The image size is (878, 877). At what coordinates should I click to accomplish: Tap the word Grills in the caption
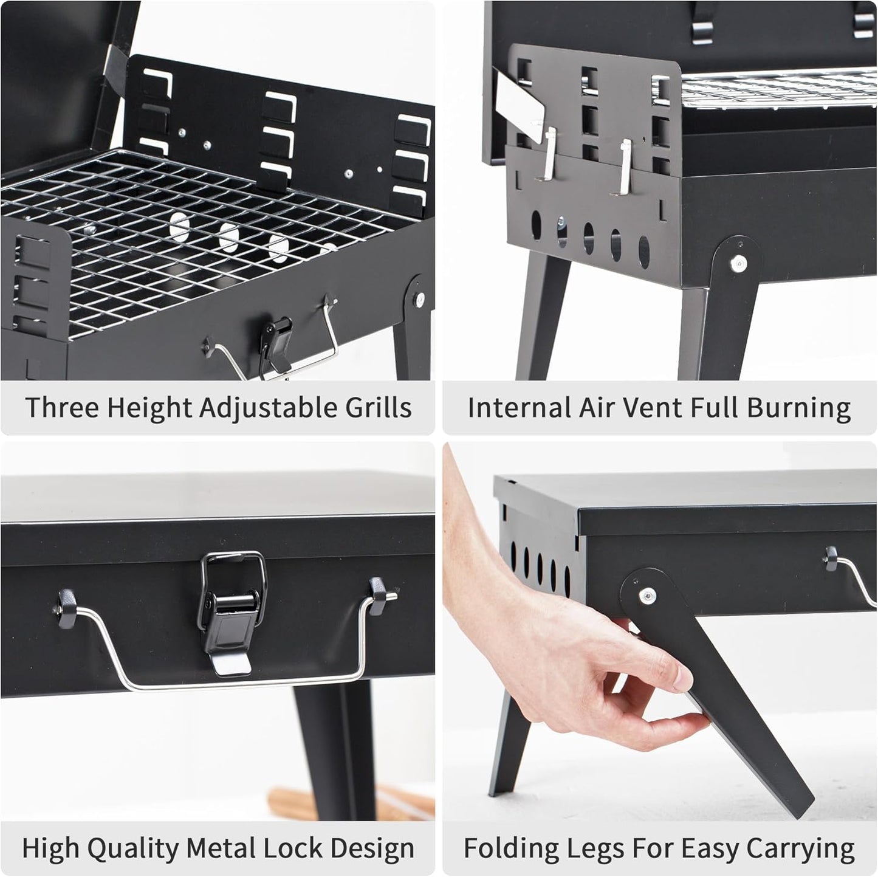[x=379, y=407]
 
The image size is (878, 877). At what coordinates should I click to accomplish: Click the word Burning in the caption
[x=799, y=408]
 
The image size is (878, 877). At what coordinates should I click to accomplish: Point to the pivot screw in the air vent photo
[x=738, y=263]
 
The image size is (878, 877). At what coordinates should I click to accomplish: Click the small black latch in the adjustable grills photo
[x=277, y=340]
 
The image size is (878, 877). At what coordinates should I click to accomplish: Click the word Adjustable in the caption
[x=270, y=408]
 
